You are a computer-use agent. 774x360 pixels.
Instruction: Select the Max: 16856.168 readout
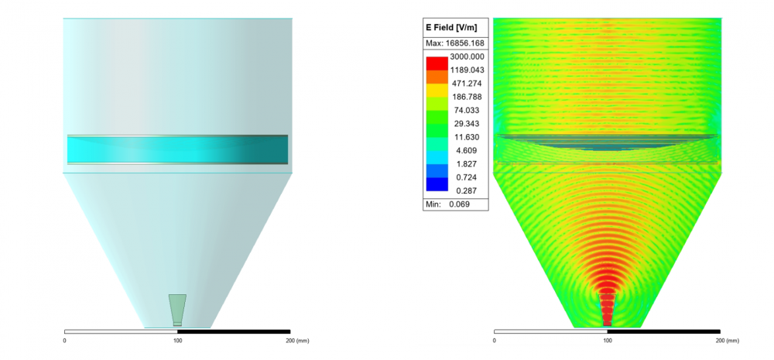point(456,44)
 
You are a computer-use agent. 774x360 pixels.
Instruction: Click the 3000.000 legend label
point(467,57)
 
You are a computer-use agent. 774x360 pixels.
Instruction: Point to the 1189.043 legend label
point(467,70)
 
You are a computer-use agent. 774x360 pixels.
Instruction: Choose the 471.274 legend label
point(467,83)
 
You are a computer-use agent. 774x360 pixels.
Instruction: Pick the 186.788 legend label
point(467,97)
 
